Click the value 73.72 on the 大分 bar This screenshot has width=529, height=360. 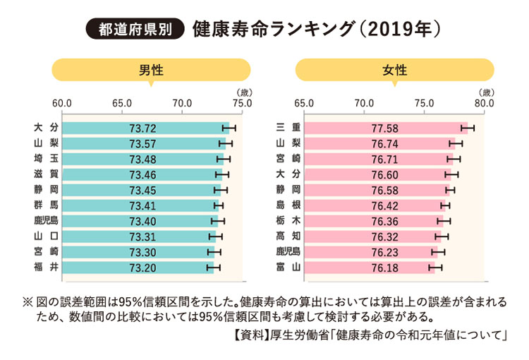[142, 128]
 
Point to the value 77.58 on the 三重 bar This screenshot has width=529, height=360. [384, 128]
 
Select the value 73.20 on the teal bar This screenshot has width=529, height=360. [142, 267]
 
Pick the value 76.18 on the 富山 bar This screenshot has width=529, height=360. [384, 267]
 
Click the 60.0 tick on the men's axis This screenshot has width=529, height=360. [62, 104]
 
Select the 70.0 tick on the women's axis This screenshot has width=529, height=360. [364, 104]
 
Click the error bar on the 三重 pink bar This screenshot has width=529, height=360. [468, 128]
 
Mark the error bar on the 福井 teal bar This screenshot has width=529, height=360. [214, 267]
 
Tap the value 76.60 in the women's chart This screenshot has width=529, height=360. [384, 174]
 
